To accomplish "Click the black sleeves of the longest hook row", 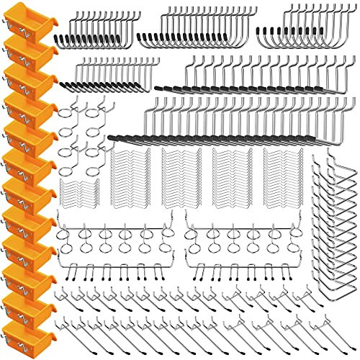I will [216, 138].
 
